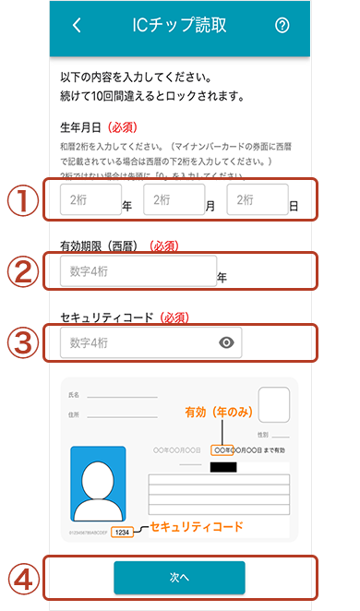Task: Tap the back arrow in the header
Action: tap(77, 26)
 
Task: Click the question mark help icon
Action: tap(282, 26)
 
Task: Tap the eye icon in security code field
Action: tap(228, 342)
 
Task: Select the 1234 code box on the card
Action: tap(123, 533)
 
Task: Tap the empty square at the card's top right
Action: tap(274, 404)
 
